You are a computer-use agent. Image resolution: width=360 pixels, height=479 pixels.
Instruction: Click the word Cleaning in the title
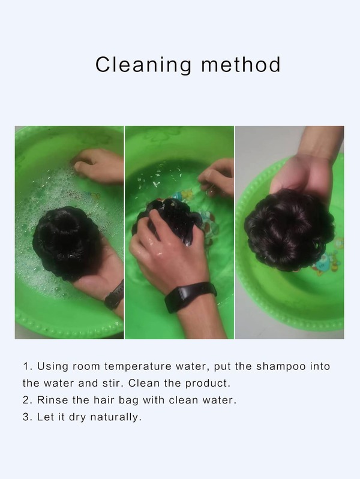pos(143,65)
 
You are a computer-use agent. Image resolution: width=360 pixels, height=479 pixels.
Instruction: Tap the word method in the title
pos(241,65)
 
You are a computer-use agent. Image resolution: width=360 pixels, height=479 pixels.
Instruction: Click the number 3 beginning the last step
pos(26,417)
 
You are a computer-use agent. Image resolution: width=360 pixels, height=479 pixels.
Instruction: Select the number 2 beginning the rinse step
pos(26,400)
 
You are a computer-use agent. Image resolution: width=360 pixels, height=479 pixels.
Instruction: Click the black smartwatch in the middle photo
pos(190,296)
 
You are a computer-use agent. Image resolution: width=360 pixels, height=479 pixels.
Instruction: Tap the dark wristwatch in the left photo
pos(115,296)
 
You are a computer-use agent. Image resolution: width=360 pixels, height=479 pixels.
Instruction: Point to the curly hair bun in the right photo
pos(289,230)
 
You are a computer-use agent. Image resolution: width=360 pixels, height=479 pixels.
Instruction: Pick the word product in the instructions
pos(208,384)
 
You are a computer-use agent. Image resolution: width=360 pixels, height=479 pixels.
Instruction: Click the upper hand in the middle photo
pos(218,177)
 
